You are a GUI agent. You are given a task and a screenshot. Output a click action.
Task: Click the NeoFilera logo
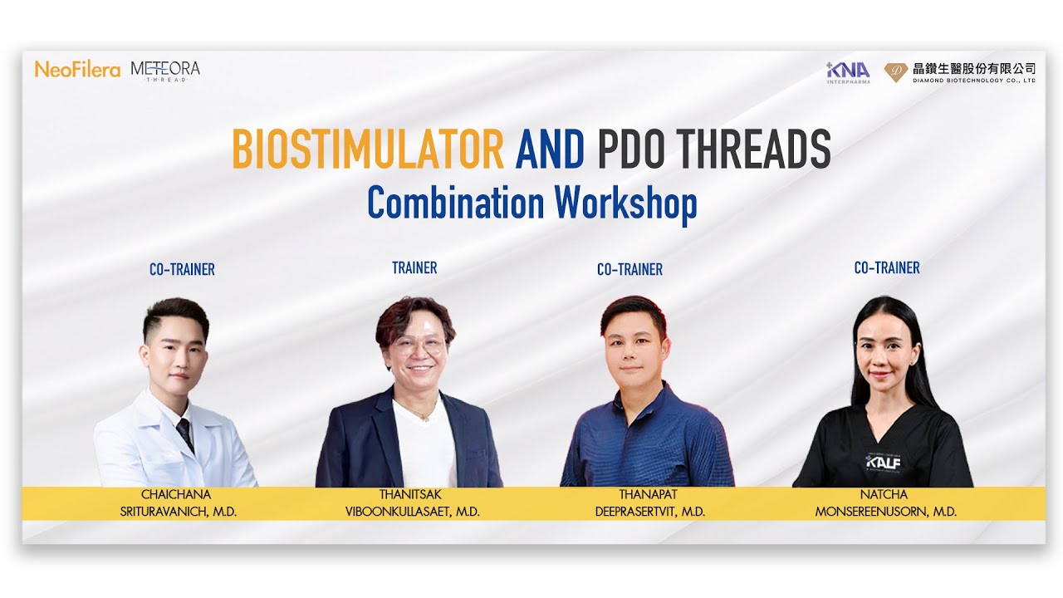(x=77, y=70)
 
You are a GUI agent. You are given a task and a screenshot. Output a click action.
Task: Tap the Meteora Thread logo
(x=165, y=71)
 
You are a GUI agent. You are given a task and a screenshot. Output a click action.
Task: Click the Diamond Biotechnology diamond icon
(x=895, y=72)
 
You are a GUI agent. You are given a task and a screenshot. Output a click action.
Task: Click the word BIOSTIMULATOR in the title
(x=368, y=149)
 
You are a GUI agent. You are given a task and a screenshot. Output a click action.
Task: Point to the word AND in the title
(x=550, y=149)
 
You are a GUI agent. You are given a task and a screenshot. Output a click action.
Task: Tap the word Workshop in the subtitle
(x=625, y=202)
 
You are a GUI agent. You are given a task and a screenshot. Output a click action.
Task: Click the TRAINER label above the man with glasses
(x=414, y=267)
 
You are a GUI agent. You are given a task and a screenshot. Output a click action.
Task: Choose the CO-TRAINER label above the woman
(x=887, y=267)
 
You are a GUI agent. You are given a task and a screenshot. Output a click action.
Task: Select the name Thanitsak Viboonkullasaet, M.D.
(x=413, y=503)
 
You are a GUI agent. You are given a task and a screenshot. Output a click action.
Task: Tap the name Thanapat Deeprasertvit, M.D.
(x=650, y=503)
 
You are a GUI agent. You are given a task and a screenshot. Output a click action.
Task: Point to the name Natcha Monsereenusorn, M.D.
(x=886, y=503)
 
